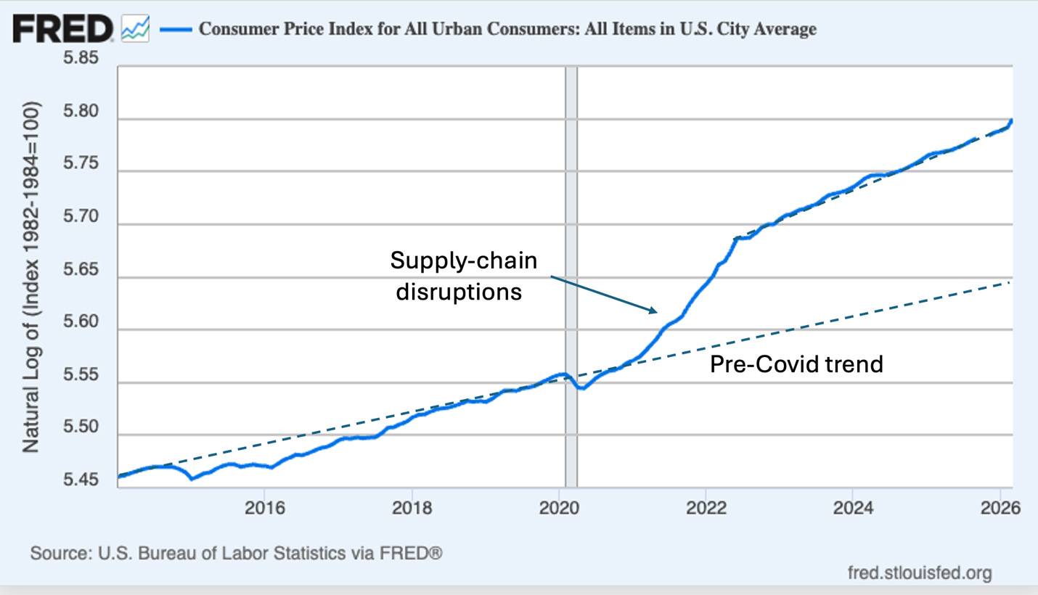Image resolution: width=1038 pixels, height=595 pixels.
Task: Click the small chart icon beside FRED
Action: [135, 29]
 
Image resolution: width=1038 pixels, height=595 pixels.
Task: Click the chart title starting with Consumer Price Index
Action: [507, 29]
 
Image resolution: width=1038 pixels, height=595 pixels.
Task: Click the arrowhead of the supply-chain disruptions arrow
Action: [653, 311]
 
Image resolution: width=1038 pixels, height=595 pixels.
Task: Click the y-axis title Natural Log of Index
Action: [30, 276]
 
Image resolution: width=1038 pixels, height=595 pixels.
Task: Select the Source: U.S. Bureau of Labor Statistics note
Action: [236, 554]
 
